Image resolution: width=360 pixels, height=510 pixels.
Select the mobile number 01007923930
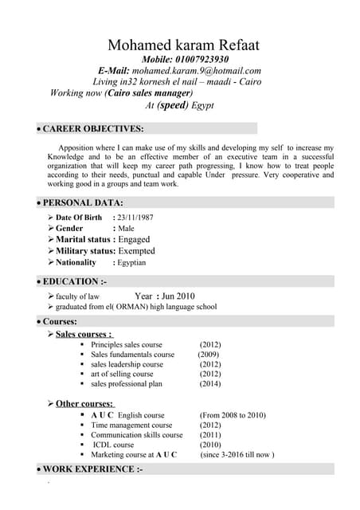tap(199, 60)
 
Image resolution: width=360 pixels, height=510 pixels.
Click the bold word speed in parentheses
tap(173, 104)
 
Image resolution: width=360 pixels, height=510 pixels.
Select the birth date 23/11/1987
tap(135, 218)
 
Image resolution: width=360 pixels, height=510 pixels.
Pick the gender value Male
tap(126, 229)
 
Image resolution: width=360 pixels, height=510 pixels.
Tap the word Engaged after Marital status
tap(134, 239)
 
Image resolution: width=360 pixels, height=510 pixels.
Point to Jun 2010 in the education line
tap(176, 296)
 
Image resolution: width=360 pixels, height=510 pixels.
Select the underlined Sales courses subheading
tap(84, 334)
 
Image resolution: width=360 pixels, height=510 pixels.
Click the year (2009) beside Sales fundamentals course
tap(208, 355)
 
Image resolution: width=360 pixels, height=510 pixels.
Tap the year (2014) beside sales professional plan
tap(210, 383)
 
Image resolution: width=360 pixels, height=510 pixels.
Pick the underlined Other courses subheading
tap(84, 404)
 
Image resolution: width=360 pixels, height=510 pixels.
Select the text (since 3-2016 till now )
tap(237, 454)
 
